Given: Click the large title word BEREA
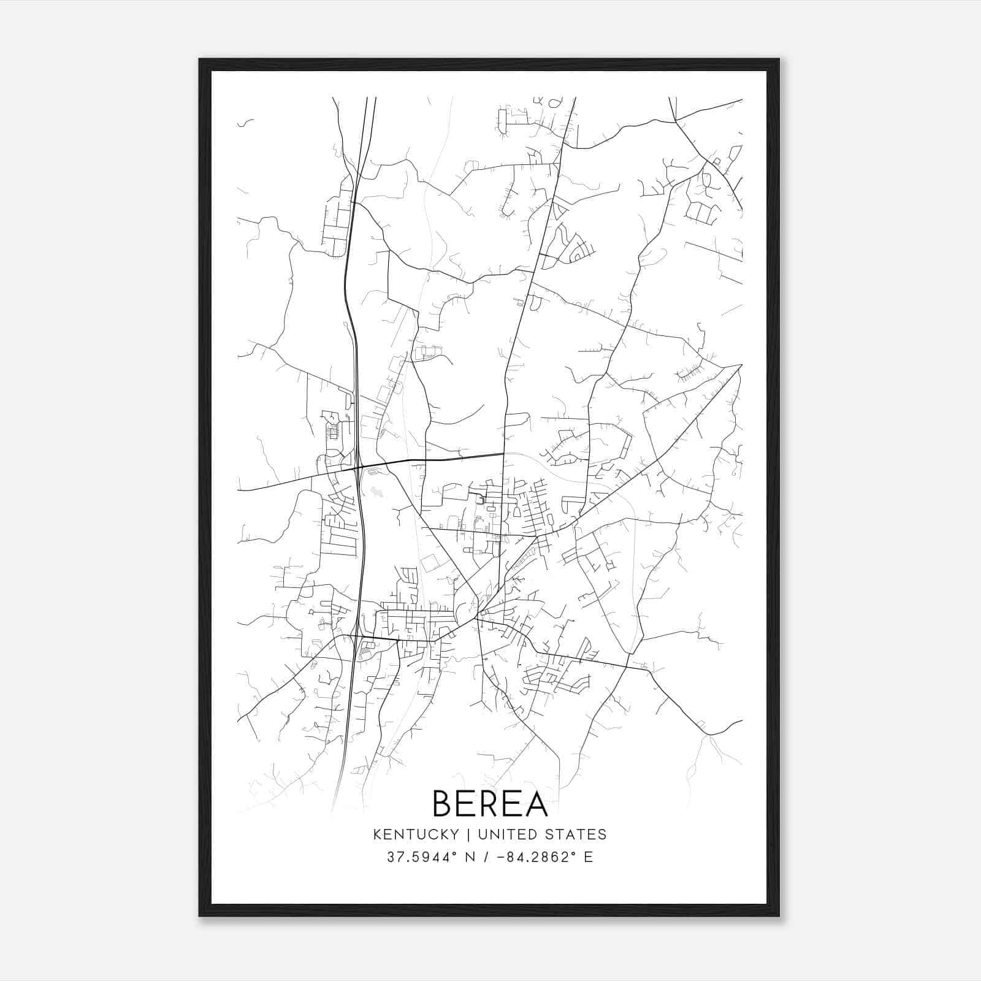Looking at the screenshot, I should click(490, 803).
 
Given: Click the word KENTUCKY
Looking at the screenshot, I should click(416, 834).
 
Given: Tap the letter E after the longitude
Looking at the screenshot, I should click(588, 857).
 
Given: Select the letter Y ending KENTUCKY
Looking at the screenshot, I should click(454, 834).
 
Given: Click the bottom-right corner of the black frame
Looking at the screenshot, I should click(779, 915).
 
